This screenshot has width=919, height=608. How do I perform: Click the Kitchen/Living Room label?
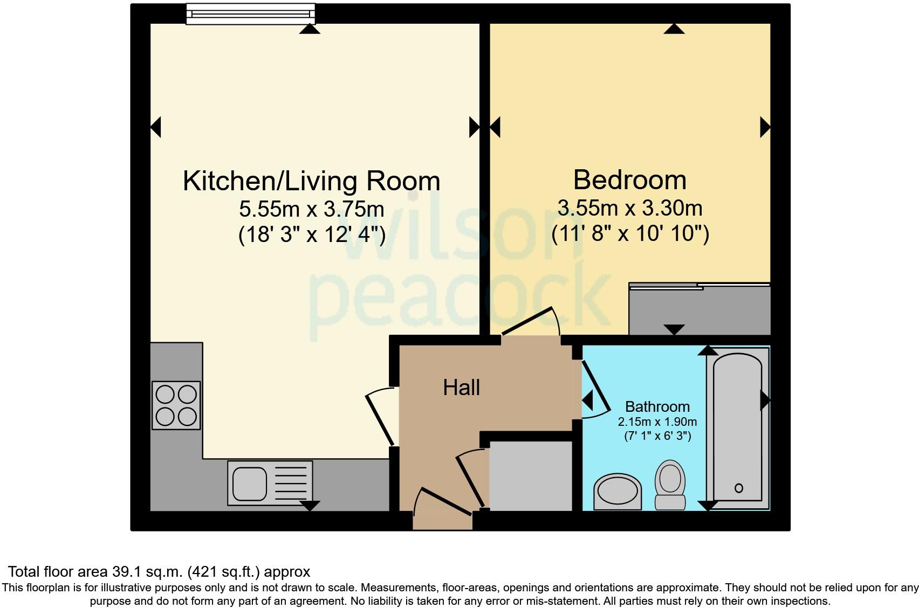pos(311,181)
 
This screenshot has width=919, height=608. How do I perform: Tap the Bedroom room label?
pos(629,180)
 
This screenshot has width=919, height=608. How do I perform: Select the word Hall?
pos(461,388)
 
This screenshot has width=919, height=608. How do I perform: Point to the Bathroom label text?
pos(657,406)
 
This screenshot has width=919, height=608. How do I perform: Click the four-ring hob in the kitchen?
pos(176,405)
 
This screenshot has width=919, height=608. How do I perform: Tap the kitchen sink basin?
pos(249,483)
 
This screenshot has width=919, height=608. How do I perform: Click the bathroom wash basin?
pos(618,491)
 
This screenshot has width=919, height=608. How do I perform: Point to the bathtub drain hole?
pos(738,488)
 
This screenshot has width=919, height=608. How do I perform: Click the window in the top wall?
pos(250,14)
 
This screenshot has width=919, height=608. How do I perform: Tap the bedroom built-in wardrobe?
pos(699,310)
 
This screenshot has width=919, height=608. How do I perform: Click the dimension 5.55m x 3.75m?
pos(311,209)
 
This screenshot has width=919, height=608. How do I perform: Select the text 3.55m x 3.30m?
pos(629,208)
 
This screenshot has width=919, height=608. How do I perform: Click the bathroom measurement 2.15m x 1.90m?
pos(657,422)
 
